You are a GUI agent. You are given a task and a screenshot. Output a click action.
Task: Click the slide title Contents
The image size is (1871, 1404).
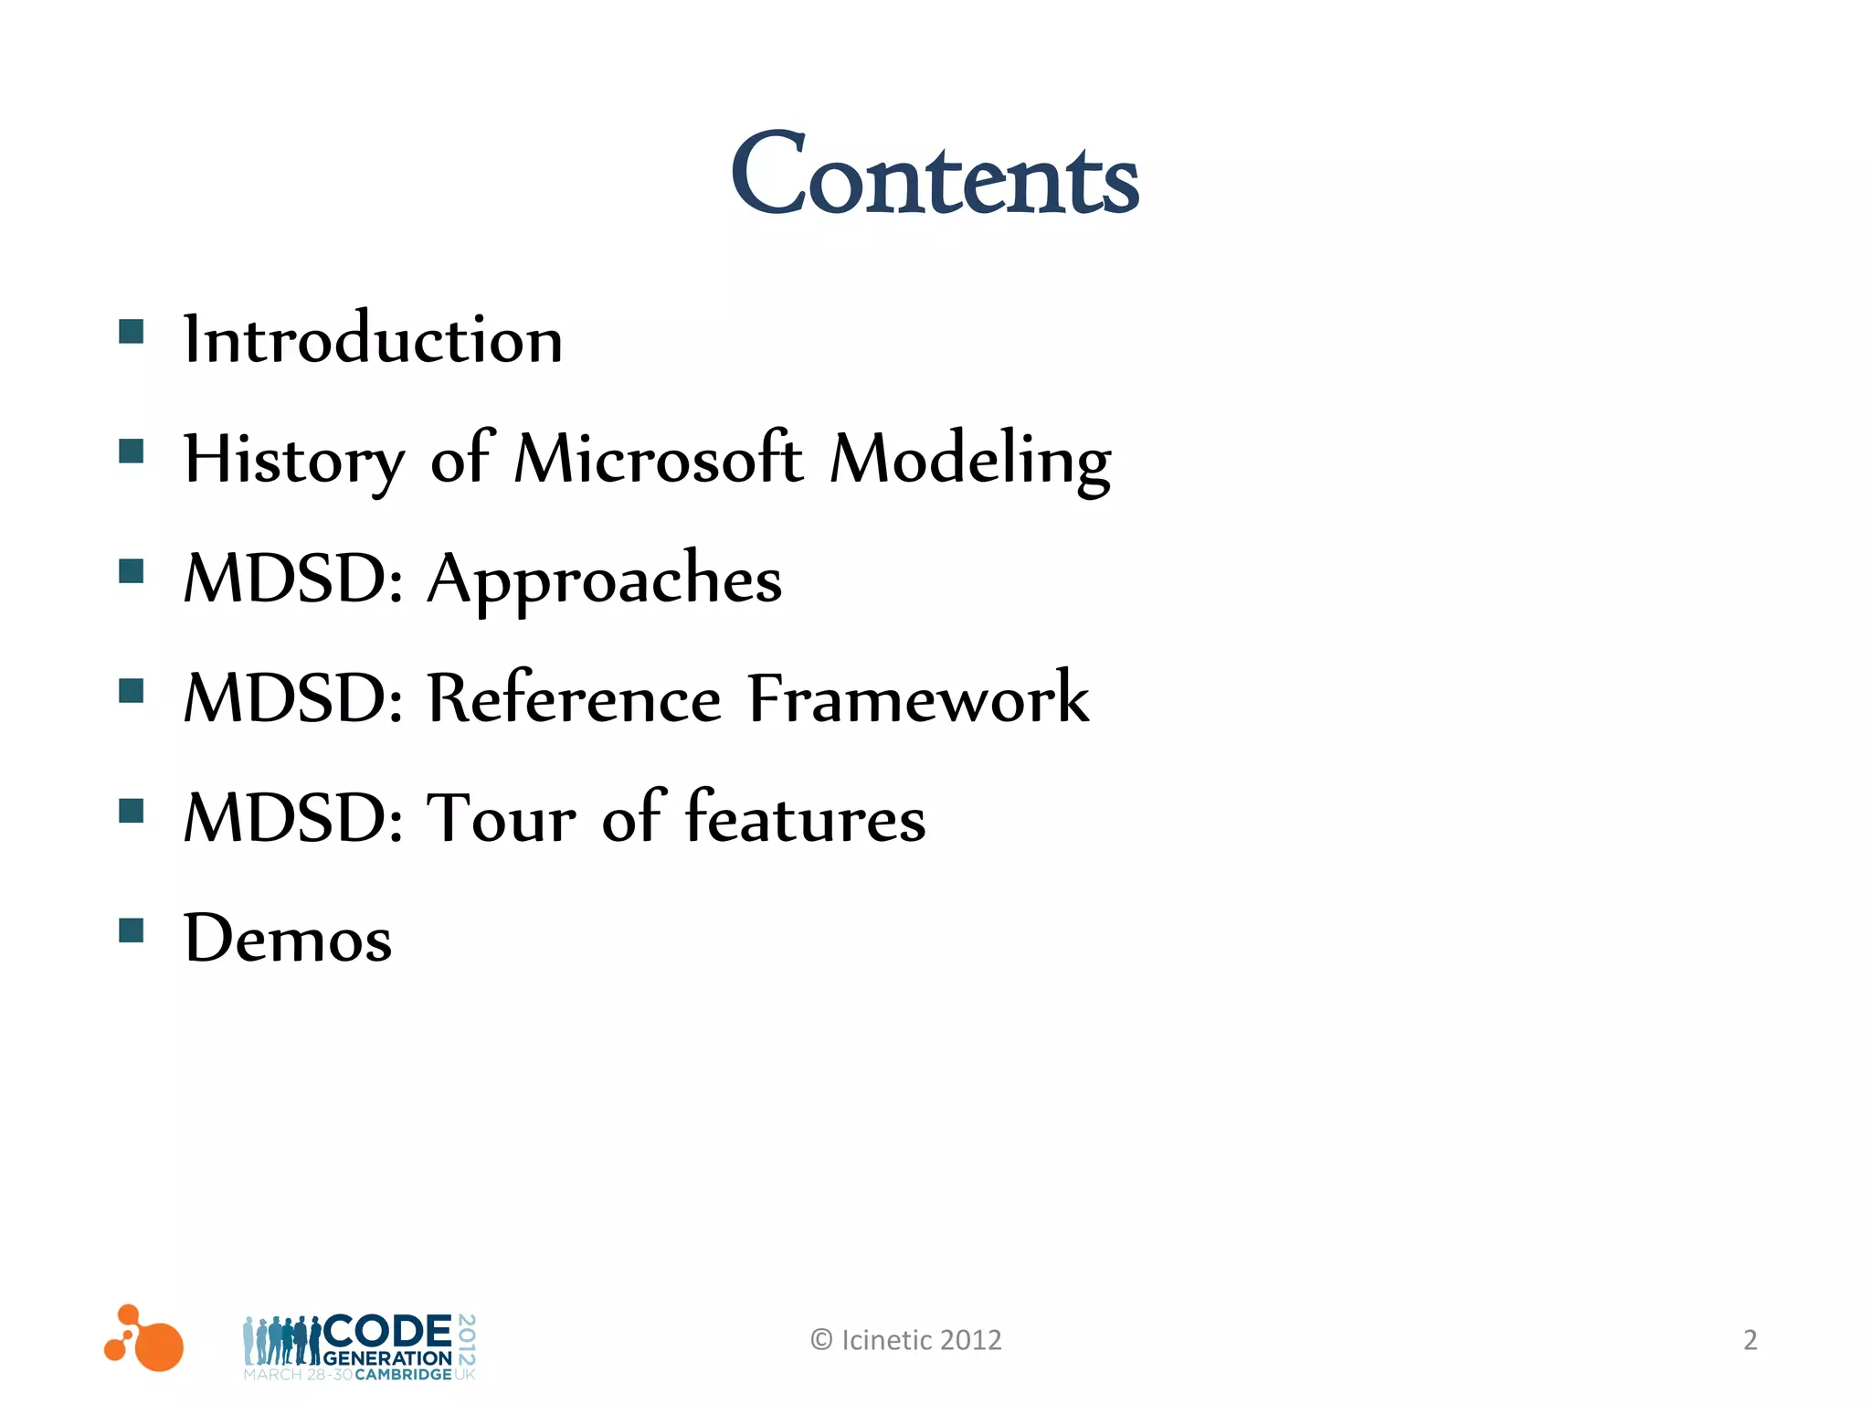click(935, 175)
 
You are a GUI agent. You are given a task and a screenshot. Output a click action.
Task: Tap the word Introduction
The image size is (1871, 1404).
click(373, 339)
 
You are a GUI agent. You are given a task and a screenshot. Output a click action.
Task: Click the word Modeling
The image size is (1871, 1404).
click(970, 460)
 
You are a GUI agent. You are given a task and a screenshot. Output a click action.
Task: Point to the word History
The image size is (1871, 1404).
click(293, 460)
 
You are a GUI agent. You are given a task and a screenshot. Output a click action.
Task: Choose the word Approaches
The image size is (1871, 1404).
click(605, 580)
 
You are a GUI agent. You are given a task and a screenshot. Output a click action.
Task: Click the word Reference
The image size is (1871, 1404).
click(575, 698)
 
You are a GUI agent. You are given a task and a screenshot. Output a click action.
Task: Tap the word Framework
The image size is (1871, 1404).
click(918, 698)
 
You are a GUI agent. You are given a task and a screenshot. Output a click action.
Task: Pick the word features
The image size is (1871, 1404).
click(805, 817)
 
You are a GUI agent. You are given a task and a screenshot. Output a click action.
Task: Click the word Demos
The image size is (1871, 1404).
click(288, 938)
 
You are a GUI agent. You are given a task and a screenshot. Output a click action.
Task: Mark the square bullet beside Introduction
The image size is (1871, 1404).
click(132, 331)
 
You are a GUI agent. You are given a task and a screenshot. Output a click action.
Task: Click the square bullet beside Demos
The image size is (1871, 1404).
click(132, 931)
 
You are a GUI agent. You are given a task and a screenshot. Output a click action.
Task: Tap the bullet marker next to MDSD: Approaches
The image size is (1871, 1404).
click(132, 571)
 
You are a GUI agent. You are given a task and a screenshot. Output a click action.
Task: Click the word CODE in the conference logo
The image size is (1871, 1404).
click(388, 1331)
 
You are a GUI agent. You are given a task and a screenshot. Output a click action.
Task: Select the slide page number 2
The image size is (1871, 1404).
click(1749, 1340)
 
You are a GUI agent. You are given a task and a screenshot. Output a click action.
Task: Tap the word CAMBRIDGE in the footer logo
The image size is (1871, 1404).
click(403, 1375)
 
